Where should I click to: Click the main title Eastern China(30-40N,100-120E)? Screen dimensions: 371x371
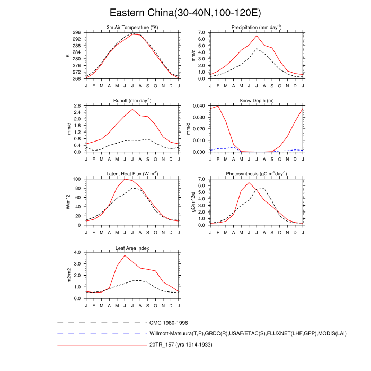click(x=185, y=13)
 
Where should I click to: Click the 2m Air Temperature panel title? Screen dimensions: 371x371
click(x=132, y=27)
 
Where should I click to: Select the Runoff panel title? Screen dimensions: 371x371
click(x=132, y=100)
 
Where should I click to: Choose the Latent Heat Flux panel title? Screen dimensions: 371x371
click(x=132, y=174)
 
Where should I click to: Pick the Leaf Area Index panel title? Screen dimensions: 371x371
click(x=132, y=247)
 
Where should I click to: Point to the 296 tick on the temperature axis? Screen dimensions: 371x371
click(x=77, y=32)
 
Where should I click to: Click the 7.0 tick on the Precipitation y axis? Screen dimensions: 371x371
click(x=201, y=32)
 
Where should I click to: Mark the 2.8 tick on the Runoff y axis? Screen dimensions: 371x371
click(x=78, y=106)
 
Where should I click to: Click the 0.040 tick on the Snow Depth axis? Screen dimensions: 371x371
click(x=198, y=106)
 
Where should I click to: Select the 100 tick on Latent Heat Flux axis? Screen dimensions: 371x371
click(x=77, y=179)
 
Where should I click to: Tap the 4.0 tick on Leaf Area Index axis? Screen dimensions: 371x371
click(x=78, y=252)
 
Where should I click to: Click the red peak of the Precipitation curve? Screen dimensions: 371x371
click(x=257, y=36)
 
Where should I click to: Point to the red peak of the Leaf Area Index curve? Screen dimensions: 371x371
click(x=125, y=255)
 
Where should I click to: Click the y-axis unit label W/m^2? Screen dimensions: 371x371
click(x=67, y=202)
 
